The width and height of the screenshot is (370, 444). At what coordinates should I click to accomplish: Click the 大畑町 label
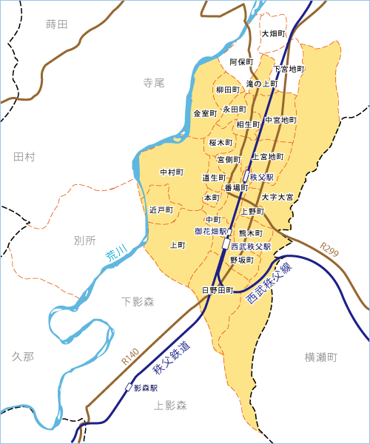tap(273, 34)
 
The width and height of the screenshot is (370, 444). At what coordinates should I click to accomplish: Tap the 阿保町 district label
tap(242, 61)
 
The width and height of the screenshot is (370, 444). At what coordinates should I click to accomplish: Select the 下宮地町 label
tap(289, 69)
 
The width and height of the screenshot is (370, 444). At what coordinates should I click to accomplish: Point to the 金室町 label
tap(205, 113)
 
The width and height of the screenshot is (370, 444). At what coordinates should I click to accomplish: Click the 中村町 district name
tap(172, 172)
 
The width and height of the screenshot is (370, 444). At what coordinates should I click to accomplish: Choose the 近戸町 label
tap(161, 210)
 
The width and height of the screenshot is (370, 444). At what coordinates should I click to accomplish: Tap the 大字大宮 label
tap(277, 198)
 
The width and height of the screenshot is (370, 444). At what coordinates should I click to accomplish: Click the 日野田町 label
tap(218, 289)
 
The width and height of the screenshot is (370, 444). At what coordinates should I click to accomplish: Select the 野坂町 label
tap(242, 260)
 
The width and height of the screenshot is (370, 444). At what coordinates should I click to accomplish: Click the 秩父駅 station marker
tap(246, 178)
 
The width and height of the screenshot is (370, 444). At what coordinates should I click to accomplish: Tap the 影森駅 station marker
tap(129, 387)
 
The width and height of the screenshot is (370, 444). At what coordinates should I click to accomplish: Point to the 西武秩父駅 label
tap(251, 246)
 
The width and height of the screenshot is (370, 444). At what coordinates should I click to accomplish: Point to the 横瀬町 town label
tap(320, 357)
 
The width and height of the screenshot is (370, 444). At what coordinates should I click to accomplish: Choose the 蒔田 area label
tap(56, 24)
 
